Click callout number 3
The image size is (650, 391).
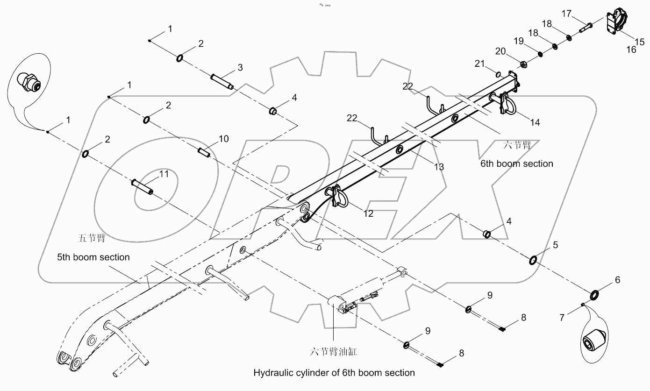240,68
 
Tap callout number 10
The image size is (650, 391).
224,139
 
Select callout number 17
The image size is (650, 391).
566,14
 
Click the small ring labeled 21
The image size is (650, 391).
499,74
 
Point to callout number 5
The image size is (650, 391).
556,245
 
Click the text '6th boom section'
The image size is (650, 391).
516,164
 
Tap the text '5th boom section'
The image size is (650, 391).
93,257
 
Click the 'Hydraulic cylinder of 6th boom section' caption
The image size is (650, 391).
334,373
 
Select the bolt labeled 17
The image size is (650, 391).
586,27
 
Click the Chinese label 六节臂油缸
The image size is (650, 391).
333,352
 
